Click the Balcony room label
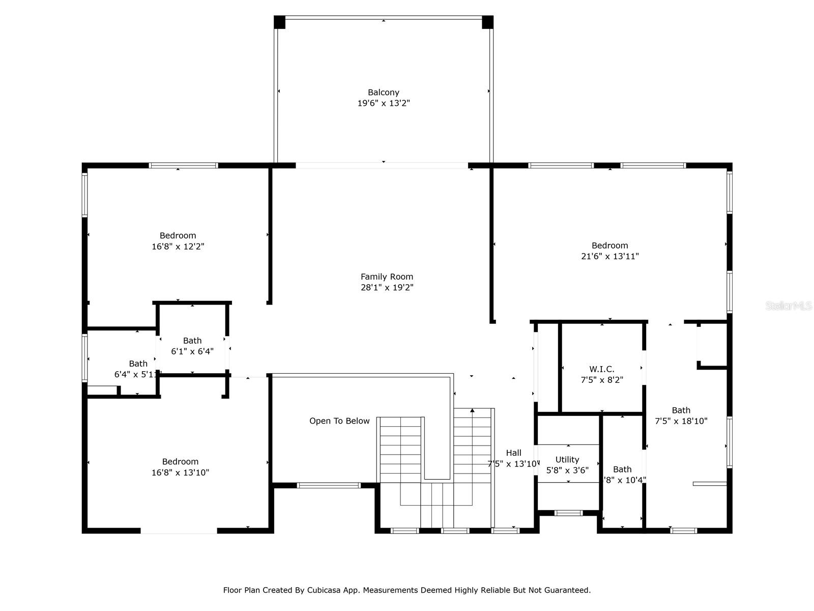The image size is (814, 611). [x=383, y=92]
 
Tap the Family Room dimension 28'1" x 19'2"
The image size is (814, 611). [x=387, y=288]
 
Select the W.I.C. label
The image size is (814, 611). [x=602, y=369]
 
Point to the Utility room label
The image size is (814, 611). [x=567, y=459]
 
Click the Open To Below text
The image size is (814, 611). [x=339, y=421]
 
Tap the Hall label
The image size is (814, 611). [x=513, y=453]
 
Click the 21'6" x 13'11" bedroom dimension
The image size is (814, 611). [x=609, y=257]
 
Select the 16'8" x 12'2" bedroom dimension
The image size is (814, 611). [x=178, y=246]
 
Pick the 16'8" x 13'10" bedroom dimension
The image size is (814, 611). [x=180, y=473]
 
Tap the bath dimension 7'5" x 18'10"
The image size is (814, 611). [x=681, y=421]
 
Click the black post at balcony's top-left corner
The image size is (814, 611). [x=279, y=22]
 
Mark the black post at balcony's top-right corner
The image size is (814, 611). [x=487, y=22]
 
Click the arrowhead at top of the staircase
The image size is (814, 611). [x=473, y=410]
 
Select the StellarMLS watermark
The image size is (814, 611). [x=788, y=305]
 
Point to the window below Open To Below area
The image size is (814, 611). [x=329, y=485]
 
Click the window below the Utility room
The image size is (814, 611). [x=568, y=513]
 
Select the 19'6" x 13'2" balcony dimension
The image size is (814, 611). [x=383, y=103]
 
